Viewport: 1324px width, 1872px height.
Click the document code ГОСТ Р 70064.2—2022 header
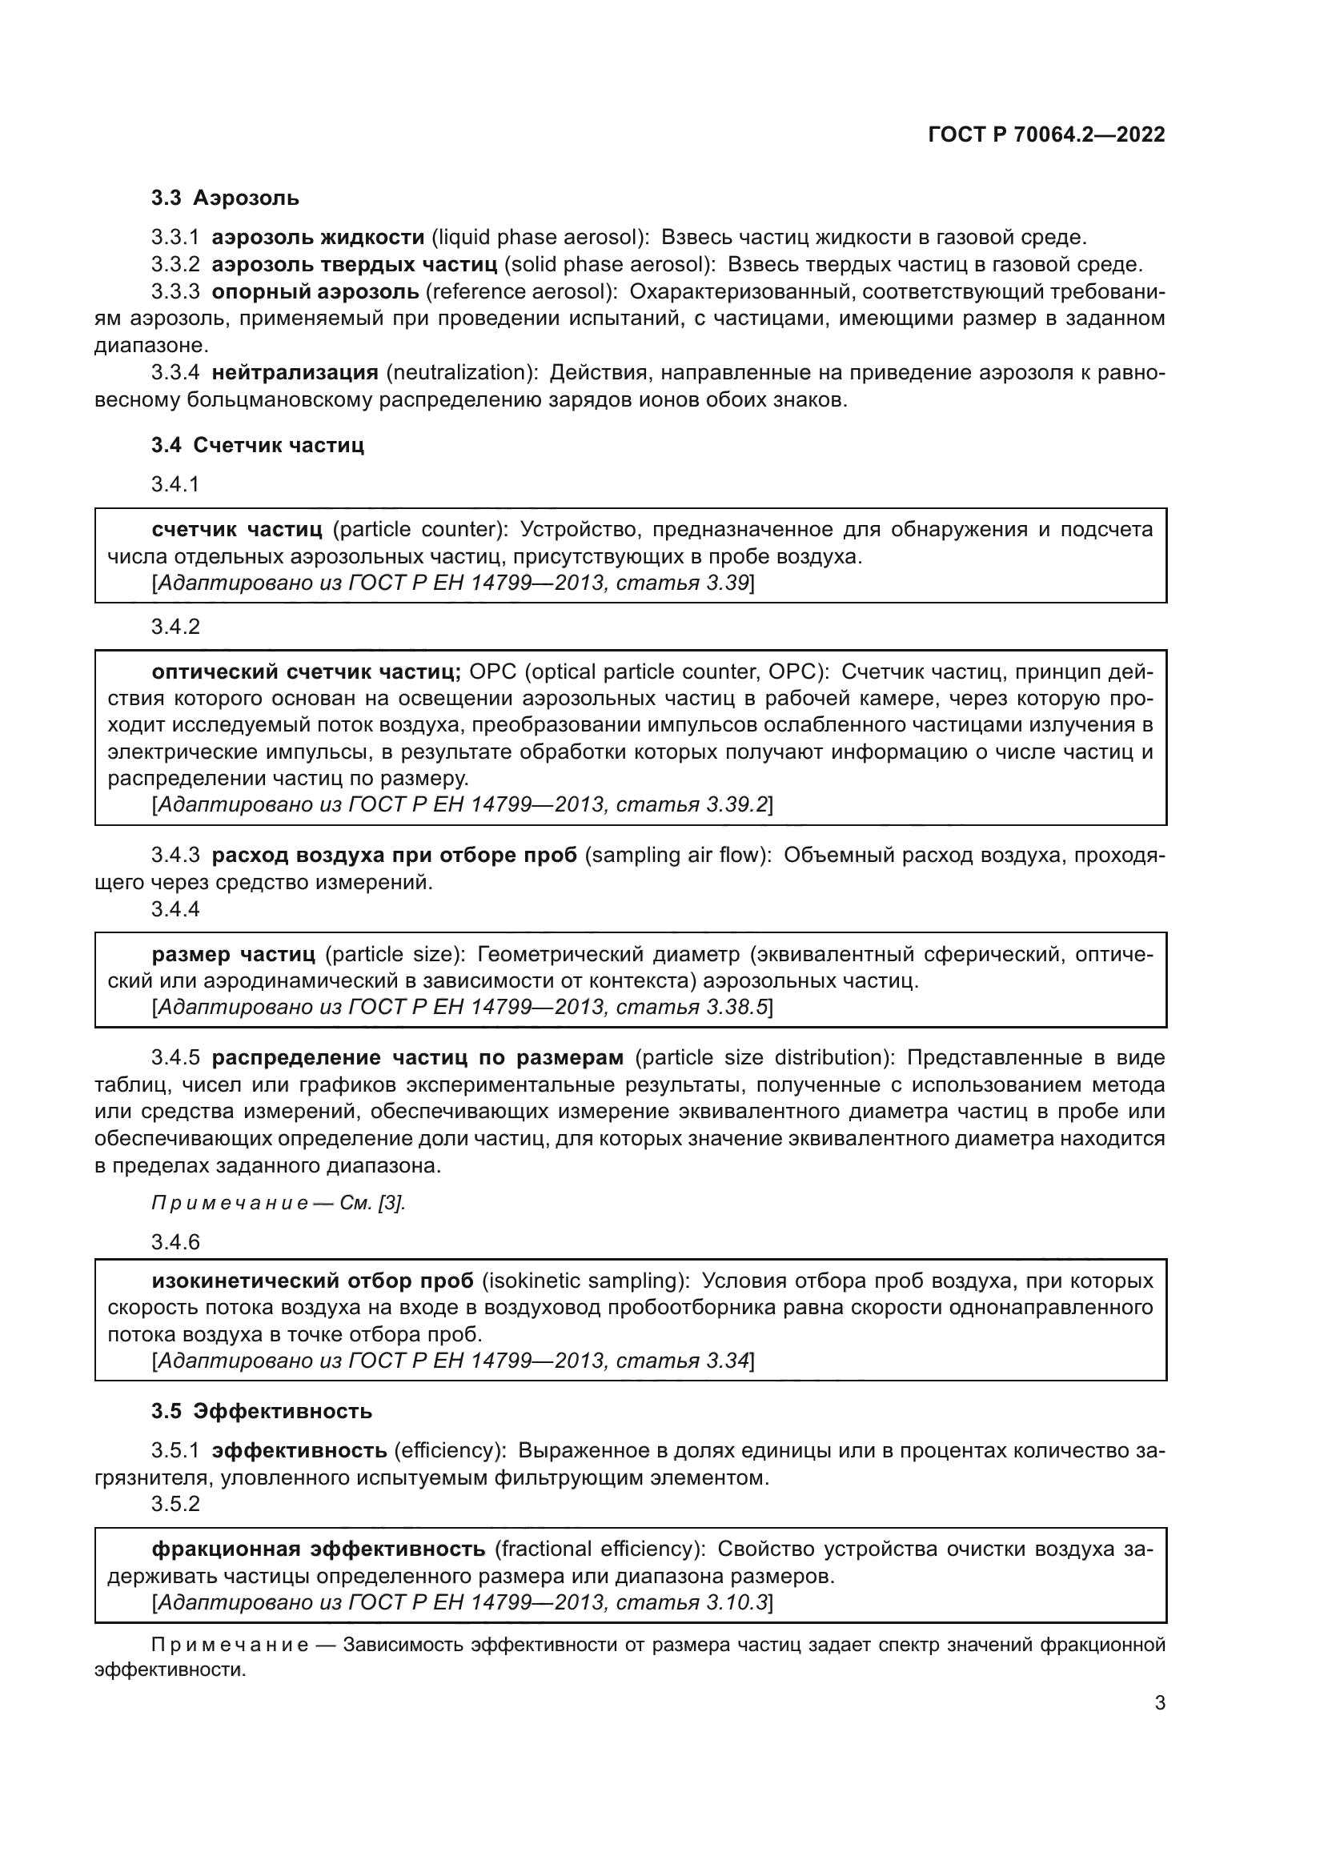(x=1046, y=135)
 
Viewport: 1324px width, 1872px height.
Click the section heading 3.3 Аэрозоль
(x=225, y=198)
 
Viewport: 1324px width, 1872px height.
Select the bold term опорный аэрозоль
(x=315, y=292)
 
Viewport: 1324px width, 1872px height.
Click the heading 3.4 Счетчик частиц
(x=257, y=445)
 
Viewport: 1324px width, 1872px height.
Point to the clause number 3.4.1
(x=175, y=484)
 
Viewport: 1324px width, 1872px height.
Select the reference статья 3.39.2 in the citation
(x=692, y=804)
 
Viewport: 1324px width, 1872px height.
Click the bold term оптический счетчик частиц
(x=306, y=671)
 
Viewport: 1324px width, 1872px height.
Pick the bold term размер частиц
(x=233, y=954)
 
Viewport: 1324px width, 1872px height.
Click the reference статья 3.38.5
(x=692, y=1007)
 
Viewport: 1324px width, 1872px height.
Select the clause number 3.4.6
(x=175, y=1242)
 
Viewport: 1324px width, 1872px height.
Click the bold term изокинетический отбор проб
(x=312, y=1281)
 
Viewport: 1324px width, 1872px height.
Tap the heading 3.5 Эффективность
(x=261, y=1411)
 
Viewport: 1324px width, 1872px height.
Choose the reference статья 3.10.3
(x=692, y=1602)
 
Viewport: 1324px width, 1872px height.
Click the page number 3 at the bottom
(x=1160, y=1703)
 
